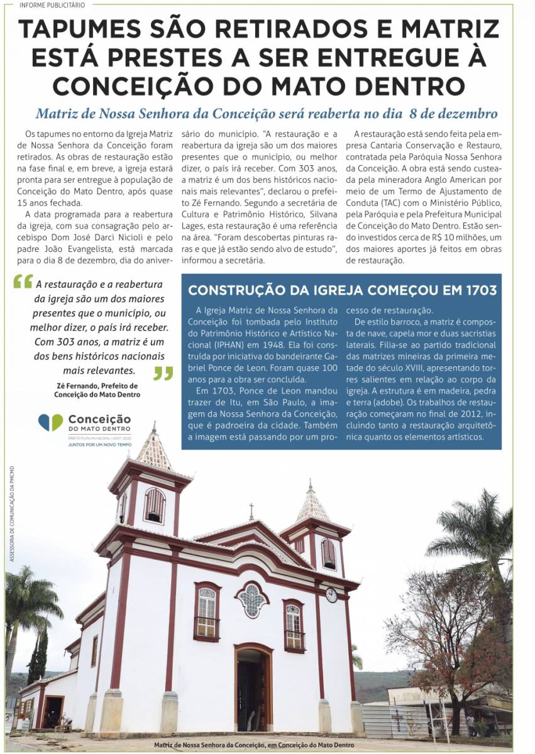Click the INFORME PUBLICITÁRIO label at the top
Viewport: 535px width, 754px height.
52,5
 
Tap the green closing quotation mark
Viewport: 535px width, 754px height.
163,374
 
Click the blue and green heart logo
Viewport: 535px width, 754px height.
50,422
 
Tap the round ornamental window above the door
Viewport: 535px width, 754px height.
251,599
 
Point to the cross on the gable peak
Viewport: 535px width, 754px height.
251,510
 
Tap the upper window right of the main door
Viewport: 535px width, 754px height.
294,625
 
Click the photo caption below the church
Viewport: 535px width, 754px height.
254,745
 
